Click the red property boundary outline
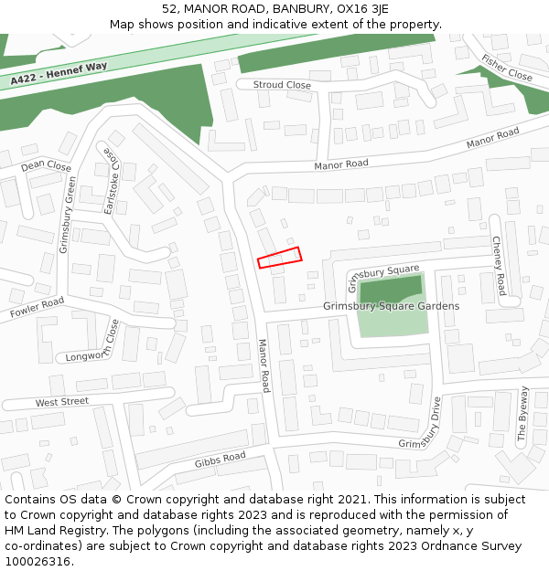pos(279,258)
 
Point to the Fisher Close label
pos(506,68)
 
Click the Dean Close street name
pos(46,166)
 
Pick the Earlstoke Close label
pos(111,180)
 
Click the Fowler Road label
pos(38,308)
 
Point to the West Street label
pos(62,402)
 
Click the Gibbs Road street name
pos(220,459)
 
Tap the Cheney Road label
pos(499,266)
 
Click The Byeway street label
pos(523,415)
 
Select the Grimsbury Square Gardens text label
pos(391,306)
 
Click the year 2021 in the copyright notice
pos(353,500)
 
